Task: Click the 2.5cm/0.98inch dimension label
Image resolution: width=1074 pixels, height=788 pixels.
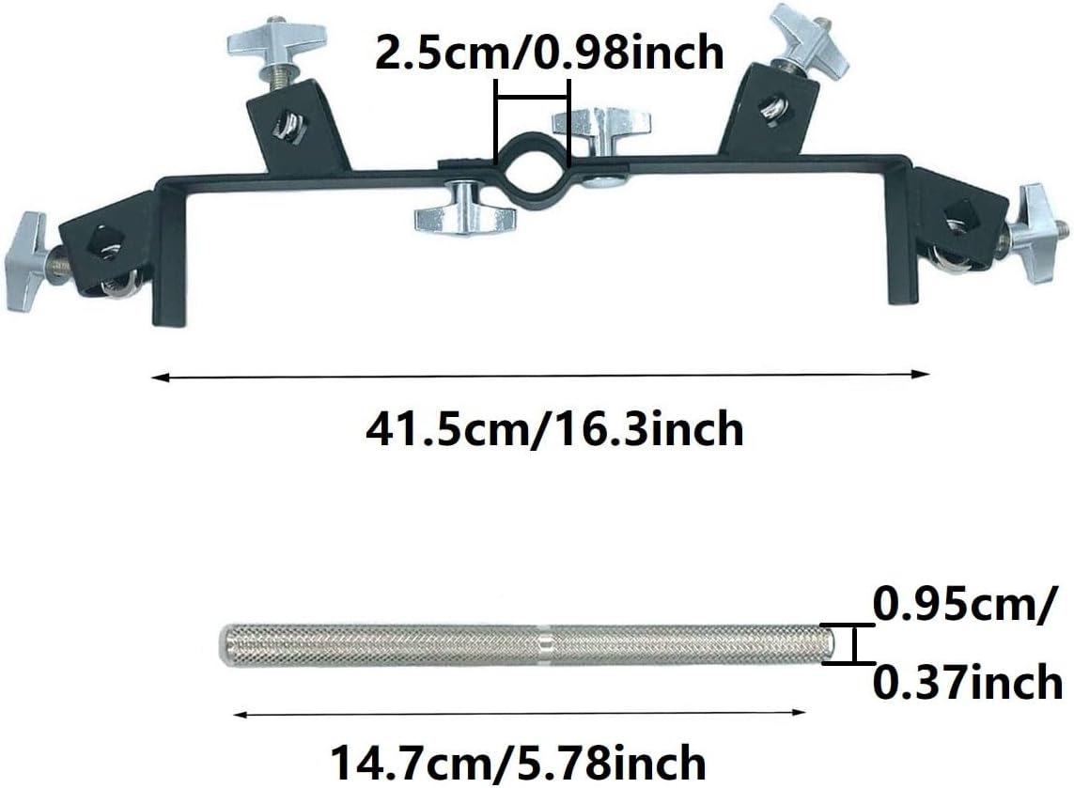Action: [550, 52]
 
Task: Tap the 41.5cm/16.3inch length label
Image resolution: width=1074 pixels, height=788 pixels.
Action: [554, 428]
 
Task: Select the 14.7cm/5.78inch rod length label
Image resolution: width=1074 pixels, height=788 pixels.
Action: [519, 763]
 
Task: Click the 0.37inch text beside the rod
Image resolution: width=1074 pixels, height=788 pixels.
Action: [967, 683]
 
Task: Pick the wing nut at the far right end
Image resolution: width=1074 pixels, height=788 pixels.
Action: [1037, 233]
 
